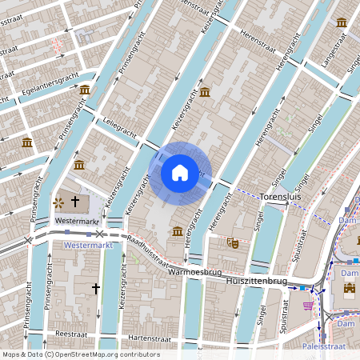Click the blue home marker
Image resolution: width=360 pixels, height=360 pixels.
coord(180,172)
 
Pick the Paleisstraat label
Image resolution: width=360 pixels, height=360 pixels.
coord(330,347)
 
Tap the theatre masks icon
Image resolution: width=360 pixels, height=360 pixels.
coord(234,241)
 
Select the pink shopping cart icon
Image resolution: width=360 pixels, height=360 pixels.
coord(308,305)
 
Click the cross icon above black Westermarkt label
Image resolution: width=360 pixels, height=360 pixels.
coord(76,202)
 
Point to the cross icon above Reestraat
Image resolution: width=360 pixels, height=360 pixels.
coord(95,287)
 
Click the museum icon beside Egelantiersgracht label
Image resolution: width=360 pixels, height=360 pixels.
coord(84,90)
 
